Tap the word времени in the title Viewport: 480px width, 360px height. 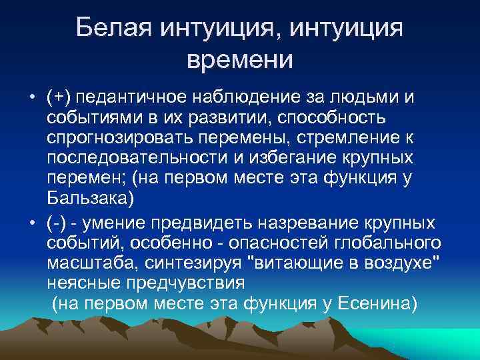click(240, 59)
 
